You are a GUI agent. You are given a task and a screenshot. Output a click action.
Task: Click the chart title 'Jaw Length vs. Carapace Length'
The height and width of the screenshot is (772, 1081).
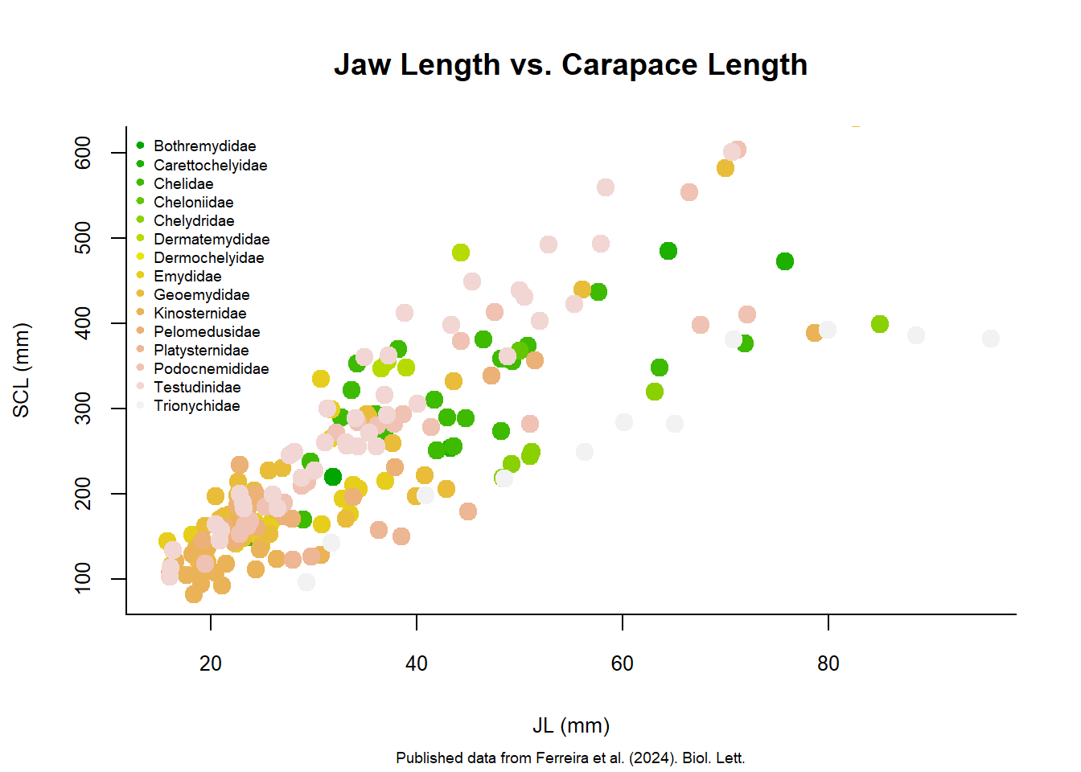click(570, 64)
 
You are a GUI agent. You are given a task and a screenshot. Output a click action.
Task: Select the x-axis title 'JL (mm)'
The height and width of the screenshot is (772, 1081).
click(570, 725)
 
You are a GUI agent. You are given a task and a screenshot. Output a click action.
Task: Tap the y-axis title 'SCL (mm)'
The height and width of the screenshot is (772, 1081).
click(21, 370)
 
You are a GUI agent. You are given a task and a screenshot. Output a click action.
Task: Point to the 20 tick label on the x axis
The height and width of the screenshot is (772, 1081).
click(211, 663)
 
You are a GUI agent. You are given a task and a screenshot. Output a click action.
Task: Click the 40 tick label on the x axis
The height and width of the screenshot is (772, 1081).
click(417, 663)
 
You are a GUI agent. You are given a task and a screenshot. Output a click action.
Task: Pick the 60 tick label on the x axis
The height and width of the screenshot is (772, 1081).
click(623, 663)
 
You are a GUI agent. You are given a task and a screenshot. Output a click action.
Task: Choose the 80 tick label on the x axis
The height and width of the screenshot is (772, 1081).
click(828, 663)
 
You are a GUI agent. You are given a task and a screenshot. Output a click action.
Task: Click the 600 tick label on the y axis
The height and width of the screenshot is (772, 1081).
click(83, 153)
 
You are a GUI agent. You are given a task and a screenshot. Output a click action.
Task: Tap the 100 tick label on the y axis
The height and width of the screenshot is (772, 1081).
click(83, 579)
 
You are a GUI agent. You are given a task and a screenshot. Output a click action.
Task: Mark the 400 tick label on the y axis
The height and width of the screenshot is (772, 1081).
click(83, 323)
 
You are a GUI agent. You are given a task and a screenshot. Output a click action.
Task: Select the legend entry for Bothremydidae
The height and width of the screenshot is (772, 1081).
click(204, 146)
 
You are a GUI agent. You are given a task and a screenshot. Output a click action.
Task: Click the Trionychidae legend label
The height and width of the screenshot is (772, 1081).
click(197, 406)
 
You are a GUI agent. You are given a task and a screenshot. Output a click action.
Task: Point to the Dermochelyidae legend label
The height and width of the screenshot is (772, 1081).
click(208, 258)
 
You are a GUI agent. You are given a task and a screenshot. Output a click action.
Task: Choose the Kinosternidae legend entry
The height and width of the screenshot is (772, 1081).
click(200, 314)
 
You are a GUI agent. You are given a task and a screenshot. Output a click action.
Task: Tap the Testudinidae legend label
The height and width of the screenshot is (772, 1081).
click(197, 388)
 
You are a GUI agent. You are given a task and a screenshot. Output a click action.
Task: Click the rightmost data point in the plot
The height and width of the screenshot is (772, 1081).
click(991, 339)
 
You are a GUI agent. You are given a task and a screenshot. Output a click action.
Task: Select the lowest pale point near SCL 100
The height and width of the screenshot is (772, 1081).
click(306, 582)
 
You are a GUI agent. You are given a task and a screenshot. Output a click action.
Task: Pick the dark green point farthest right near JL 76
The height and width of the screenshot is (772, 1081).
click(785, 261)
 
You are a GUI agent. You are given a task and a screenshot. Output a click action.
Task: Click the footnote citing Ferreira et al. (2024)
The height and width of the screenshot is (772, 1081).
click(570, 758)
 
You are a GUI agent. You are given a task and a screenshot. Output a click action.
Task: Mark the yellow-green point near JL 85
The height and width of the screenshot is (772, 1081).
click(880, 324)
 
